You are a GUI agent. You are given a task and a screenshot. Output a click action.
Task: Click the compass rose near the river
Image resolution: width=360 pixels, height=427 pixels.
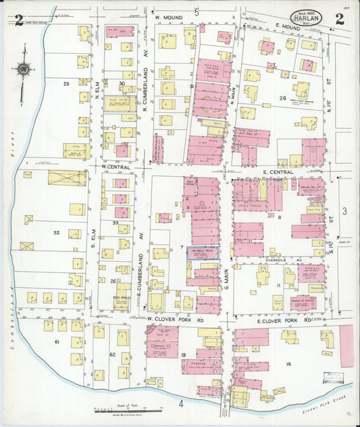24,68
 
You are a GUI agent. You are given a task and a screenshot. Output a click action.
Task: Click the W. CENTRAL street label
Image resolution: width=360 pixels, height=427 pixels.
115,166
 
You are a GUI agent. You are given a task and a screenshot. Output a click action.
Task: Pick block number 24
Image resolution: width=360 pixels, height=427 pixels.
283,98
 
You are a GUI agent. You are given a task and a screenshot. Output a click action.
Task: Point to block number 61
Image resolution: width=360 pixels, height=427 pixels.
57,343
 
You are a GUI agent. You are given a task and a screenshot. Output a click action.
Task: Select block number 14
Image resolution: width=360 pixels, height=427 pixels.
288,364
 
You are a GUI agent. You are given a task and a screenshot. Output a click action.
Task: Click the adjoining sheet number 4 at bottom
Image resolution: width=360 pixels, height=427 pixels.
181,403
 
